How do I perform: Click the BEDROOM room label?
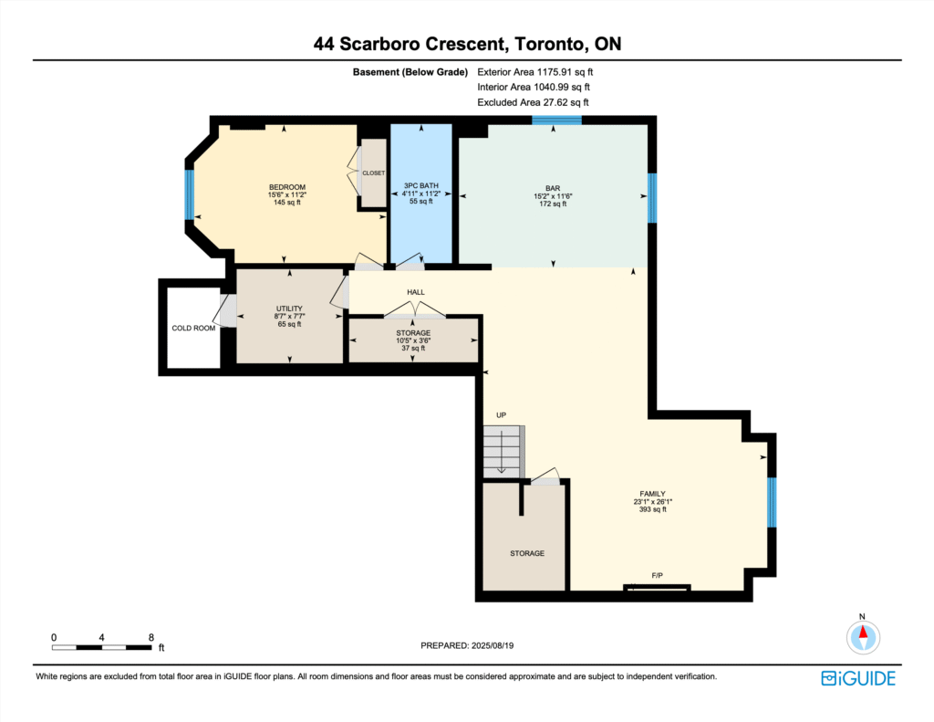click(x=287, y=187)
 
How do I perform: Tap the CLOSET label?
click(x=373, y=173)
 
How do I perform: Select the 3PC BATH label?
click(x=421, y=185)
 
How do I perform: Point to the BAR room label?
click(x=553, y=188)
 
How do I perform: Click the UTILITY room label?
click(x=289, y=309)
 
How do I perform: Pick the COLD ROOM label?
click(x=193, y=328)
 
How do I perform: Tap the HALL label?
click(x=416, y=292)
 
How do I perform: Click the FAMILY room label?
click(x=653, y=494)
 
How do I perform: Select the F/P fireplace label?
click(x=657, y=575)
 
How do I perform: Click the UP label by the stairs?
click(x=502, y=415)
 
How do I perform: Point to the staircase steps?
click(x=503, y=451)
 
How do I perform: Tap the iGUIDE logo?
click(x=858, y=678)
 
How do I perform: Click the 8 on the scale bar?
click(x=151, y=637)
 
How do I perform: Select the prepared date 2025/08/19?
click(x=493, y=645)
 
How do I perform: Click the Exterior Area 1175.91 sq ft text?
click(x=534, y=72)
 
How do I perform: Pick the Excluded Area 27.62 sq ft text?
click(x=533, y=102)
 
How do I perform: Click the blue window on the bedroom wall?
click(x=189, y=195)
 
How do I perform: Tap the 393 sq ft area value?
click(x=653, y=509)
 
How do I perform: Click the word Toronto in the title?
click(x=549, y=44)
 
